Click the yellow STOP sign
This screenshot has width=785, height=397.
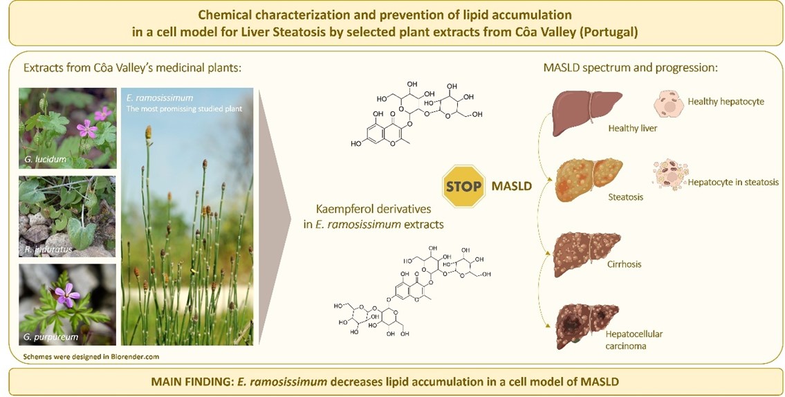pos(463,187)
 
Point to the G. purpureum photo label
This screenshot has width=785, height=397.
pos(50,337)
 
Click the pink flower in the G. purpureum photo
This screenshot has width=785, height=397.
pos(67,295)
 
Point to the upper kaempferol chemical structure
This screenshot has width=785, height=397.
pos(414,115)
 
